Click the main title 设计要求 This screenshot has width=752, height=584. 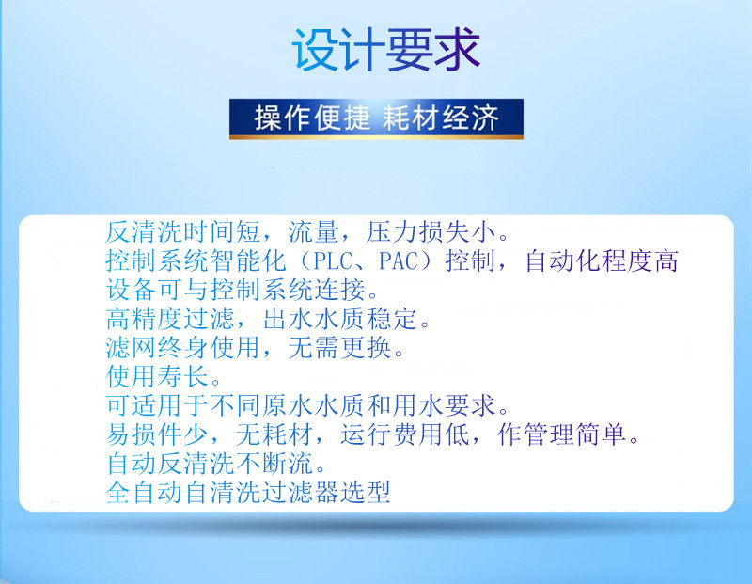[x=386, y=50]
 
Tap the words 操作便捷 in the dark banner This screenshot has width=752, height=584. [x=312, y=118]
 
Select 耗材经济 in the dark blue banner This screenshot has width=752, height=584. [x=440, y=118]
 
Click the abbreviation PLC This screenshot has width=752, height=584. [x=333, y=261]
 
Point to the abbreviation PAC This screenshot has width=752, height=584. [x=399, y=261]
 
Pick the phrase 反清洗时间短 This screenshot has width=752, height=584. [x=183, y=232]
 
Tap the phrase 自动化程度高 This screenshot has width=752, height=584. [x=602, y=261]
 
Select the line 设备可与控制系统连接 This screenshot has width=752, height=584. [x=236, y=290]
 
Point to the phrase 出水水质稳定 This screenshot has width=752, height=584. [x=340, y=319]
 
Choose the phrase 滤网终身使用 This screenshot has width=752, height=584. [x=183, y=347]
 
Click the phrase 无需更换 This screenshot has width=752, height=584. [x=340, y=347]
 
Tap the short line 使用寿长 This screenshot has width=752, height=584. [x=157, y=376]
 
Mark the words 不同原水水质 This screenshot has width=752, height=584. [x=288, y=405]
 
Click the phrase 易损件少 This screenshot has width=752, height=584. [x=157, y=434]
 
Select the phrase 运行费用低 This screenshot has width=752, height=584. [x=405, y=434]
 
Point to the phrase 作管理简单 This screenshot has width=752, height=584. [x=562, y=434]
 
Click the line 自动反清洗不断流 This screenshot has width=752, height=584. [x=210, y=463]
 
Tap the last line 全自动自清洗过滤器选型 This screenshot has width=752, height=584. [x=248, y=493]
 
